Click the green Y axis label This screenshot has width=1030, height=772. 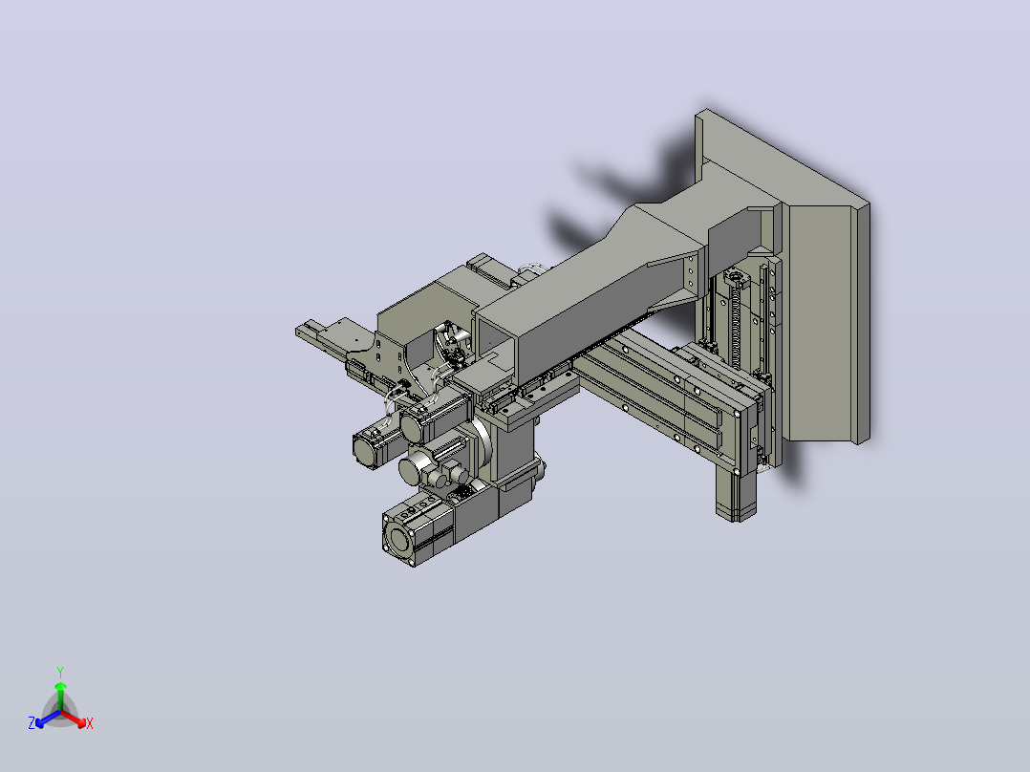point(60,672)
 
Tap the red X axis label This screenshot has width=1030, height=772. point(90,723)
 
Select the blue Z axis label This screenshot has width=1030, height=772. point(32,723)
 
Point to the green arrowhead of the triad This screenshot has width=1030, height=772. point(60,686)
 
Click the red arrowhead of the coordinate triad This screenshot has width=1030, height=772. point(80,722)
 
